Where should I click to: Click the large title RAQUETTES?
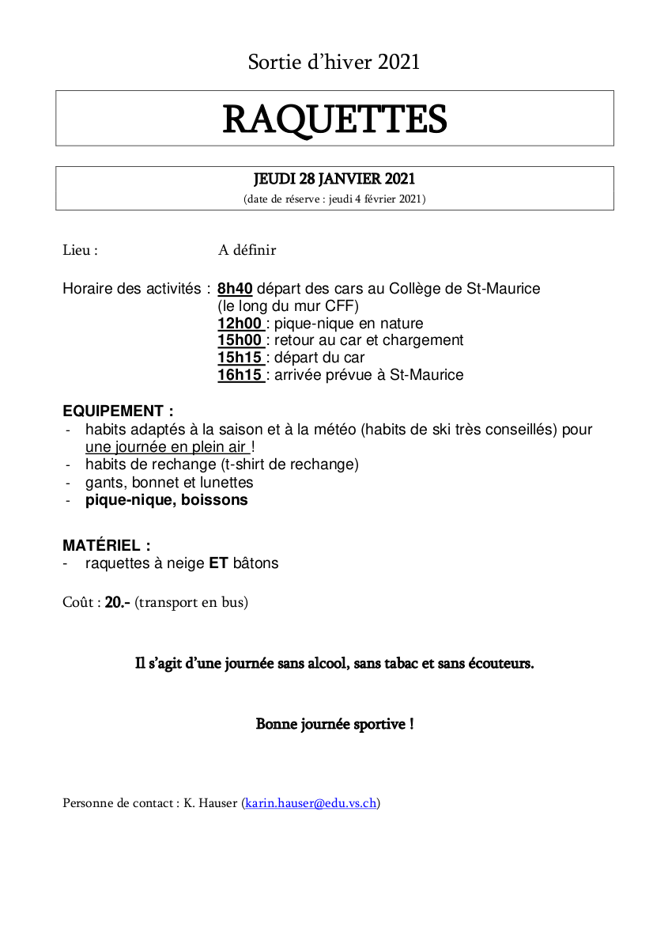coord(334,119)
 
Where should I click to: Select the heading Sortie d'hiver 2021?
coord(334,62)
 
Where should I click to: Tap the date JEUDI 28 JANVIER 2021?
coord(334,180)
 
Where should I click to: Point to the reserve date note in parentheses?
coord(334,199)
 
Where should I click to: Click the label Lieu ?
coord(81,250)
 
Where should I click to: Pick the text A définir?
coord(247,250)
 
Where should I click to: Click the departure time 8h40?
coord(235,289)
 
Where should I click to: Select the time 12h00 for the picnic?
coord(240,324)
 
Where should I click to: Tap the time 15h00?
coord(240,340)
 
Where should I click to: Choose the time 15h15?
coord(240,358)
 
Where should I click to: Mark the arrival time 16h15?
coord(240,375)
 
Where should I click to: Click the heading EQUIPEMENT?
coord(118,411)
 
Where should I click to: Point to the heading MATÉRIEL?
coord(106,545)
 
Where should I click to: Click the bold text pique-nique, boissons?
coord(166,500)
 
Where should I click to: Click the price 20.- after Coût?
coord(118,602)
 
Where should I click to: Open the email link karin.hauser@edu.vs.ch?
coord(311,803)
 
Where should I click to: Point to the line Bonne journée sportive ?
coord(334,724)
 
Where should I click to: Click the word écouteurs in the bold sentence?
coord(500,663)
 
